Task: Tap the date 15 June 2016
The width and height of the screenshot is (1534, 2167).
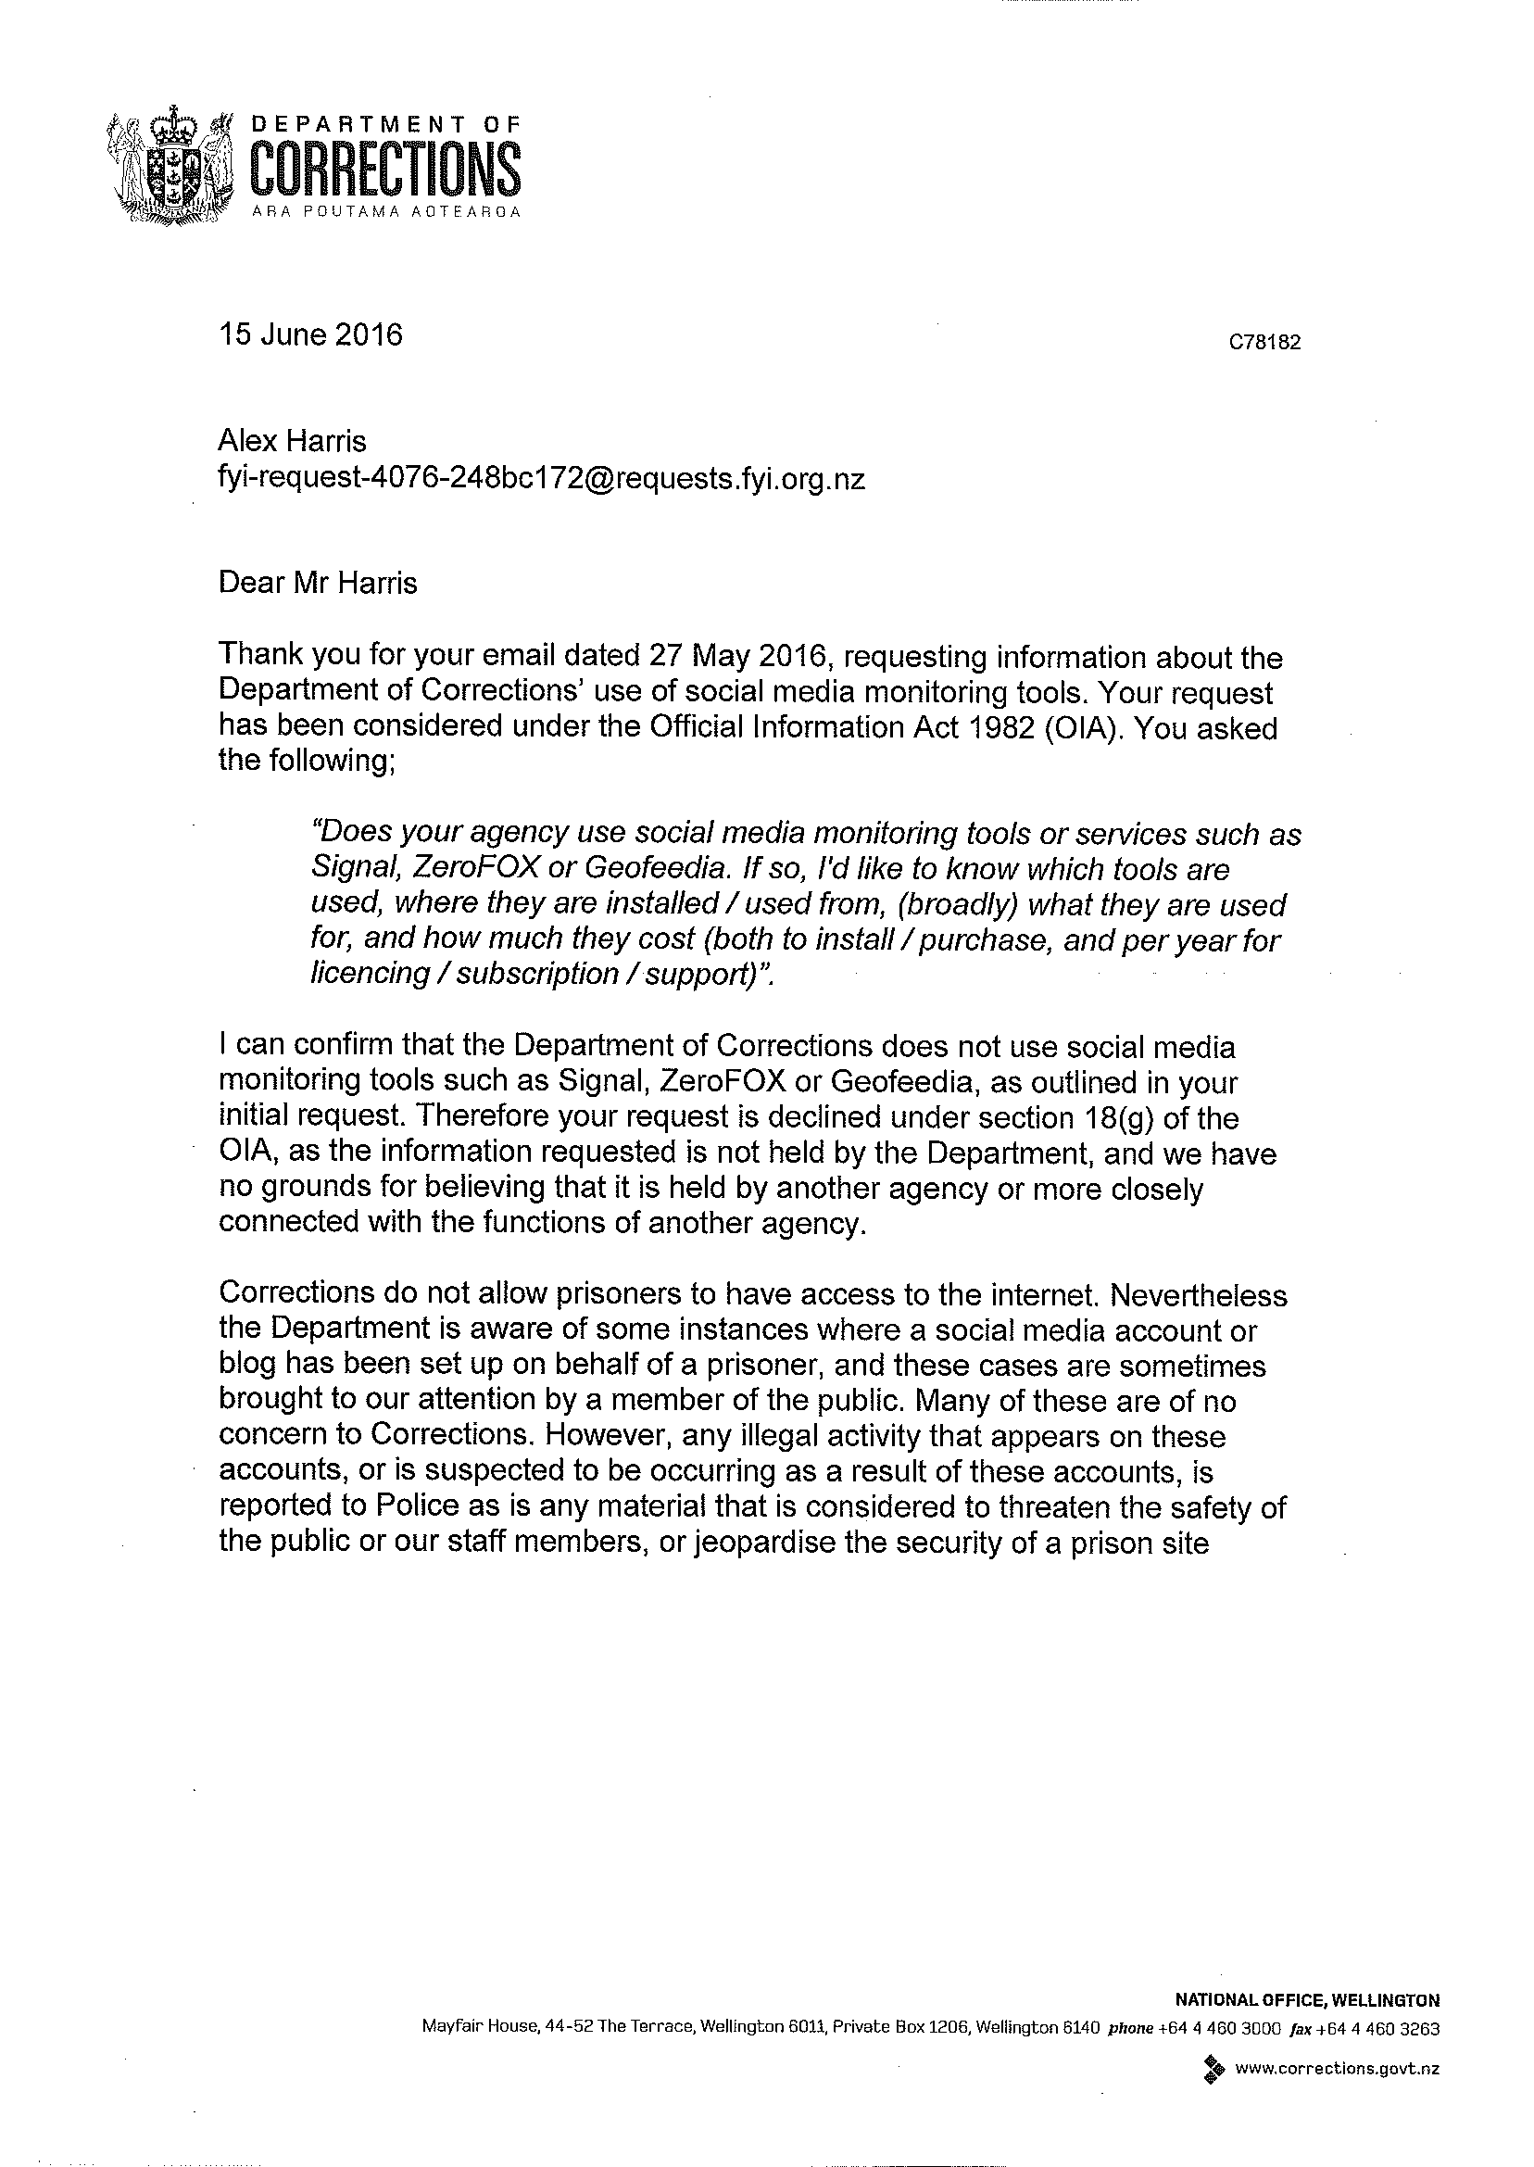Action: pyautogui.click(x=309, y=334)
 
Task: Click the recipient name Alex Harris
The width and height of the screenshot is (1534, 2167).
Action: pyautogui.click(x=292, y=440)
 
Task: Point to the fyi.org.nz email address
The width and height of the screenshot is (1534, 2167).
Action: pyautogui.click(x=541, y=479)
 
